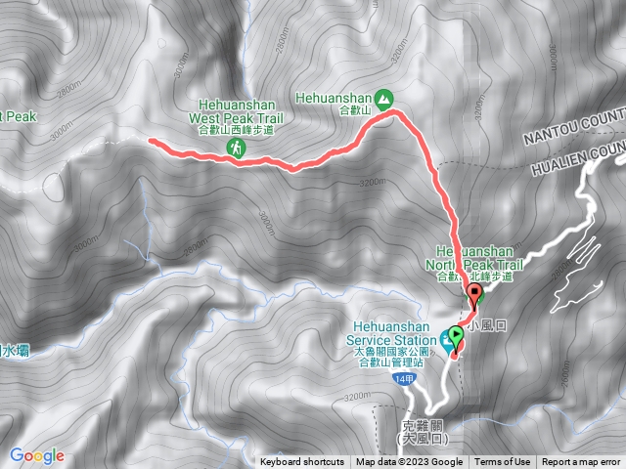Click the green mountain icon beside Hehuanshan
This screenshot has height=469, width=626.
pyautogui.click(x=384, y=98)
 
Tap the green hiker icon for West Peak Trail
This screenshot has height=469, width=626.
pyautogui.click(x=236, y=148)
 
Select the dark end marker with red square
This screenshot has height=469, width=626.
pyautogui.click(x=476, y=293)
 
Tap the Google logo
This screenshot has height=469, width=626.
pyautogui.click(x=36, y=455)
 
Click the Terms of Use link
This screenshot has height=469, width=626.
pyautogui.click(x=504, y=462)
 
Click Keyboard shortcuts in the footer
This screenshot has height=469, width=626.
pyautogui.click(x=302, y=462)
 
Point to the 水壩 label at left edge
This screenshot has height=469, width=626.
pyautogui.click(x=14, y=350)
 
